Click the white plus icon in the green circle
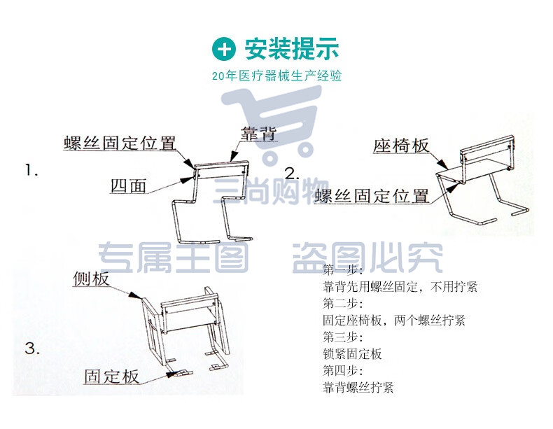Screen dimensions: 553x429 [224, 49]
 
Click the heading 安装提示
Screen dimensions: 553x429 [292, 49]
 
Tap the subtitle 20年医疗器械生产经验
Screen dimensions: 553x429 [277, 76]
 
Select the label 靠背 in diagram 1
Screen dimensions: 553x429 [258, 134]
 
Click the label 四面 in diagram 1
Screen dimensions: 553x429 [128, 185]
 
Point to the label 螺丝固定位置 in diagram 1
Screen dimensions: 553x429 [120, 143]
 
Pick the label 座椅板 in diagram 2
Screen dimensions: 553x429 [401, 146]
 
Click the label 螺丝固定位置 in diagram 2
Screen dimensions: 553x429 [372, 196]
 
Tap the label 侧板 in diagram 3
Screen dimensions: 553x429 [91, 279]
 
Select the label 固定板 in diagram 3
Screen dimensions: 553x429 [111, 376]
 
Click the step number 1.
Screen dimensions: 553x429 [31, 171]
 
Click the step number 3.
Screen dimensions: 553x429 [32, 349]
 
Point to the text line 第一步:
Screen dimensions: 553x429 [343, 270]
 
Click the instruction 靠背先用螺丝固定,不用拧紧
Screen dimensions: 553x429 [400, 287]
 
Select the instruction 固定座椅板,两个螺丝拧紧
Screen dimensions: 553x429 [394, 320]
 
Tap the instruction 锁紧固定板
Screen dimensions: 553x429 [352, 353]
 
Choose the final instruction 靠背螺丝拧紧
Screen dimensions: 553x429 [358, 388]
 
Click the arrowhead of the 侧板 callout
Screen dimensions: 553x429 [134, 295]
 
